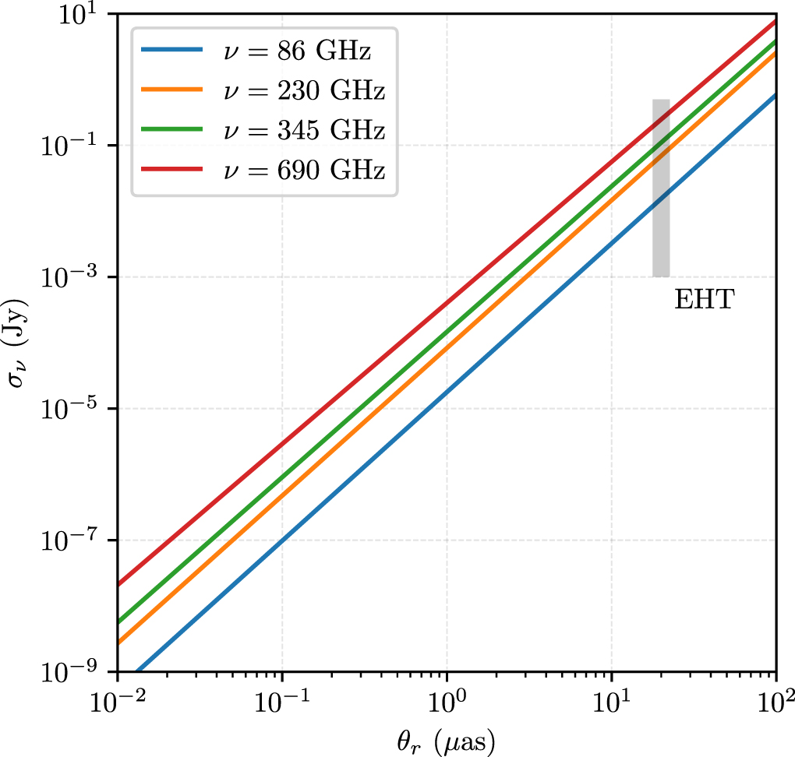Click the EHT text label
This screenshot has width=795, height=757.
point(704,301)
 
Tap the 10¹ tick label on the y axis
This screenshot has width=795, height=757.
point(79,17)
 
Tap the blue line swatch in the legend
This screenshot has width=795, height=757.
point(172,53)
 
